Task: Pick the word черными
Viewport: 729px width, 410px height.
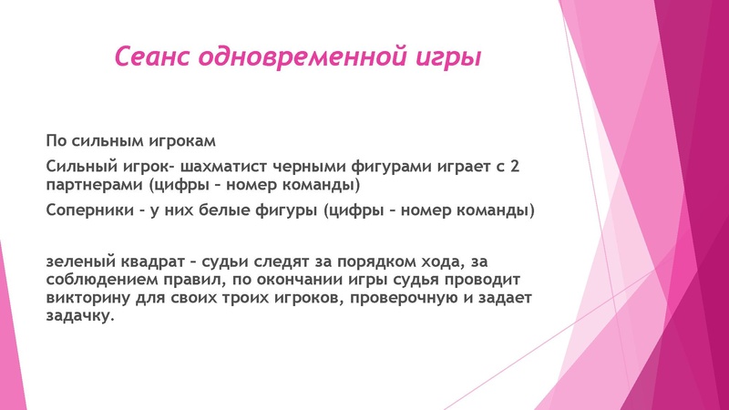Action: [x=344, y=167]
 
